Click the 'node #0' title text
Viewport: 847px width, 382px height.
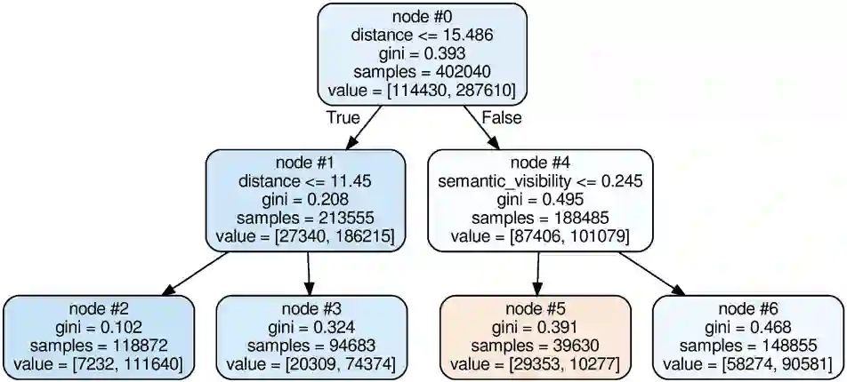[x=422, y=17]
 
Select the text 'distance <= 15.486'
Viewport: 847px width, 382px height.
[x=422, y=36]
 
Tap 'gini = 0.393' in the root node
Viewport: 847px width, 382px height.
[x=422, y=53]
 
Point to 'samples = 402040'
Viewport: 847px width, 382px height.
[x=422, y=72]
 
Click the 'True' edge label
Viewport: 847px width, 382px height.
[x=344, y=117]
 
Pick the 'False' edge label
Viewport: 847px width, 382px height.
[x=501, y=117]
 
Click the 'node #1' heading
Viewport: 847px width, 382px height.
[x=306, y=163]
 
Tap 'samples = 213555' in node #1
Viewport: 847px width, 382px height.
[x=306, y=219]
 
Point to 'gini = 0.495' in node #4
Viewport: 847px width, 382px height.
[x=540, y=200]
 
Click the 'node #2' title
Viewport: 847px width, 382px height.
[x=98, y=309]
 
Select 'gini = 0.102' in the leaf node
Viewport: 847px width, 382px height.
[x=98, y=328]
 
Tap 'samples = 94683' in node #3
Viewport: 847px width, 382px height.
[x=311, y=346]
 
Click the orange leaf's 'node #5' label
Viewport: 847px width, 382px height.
[x=536, y=309]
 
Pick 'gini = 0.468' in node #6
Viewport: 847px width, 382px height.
[x=749, y=328]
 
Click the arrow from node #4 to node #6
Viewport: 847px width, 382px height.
[x=651, y=273]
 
